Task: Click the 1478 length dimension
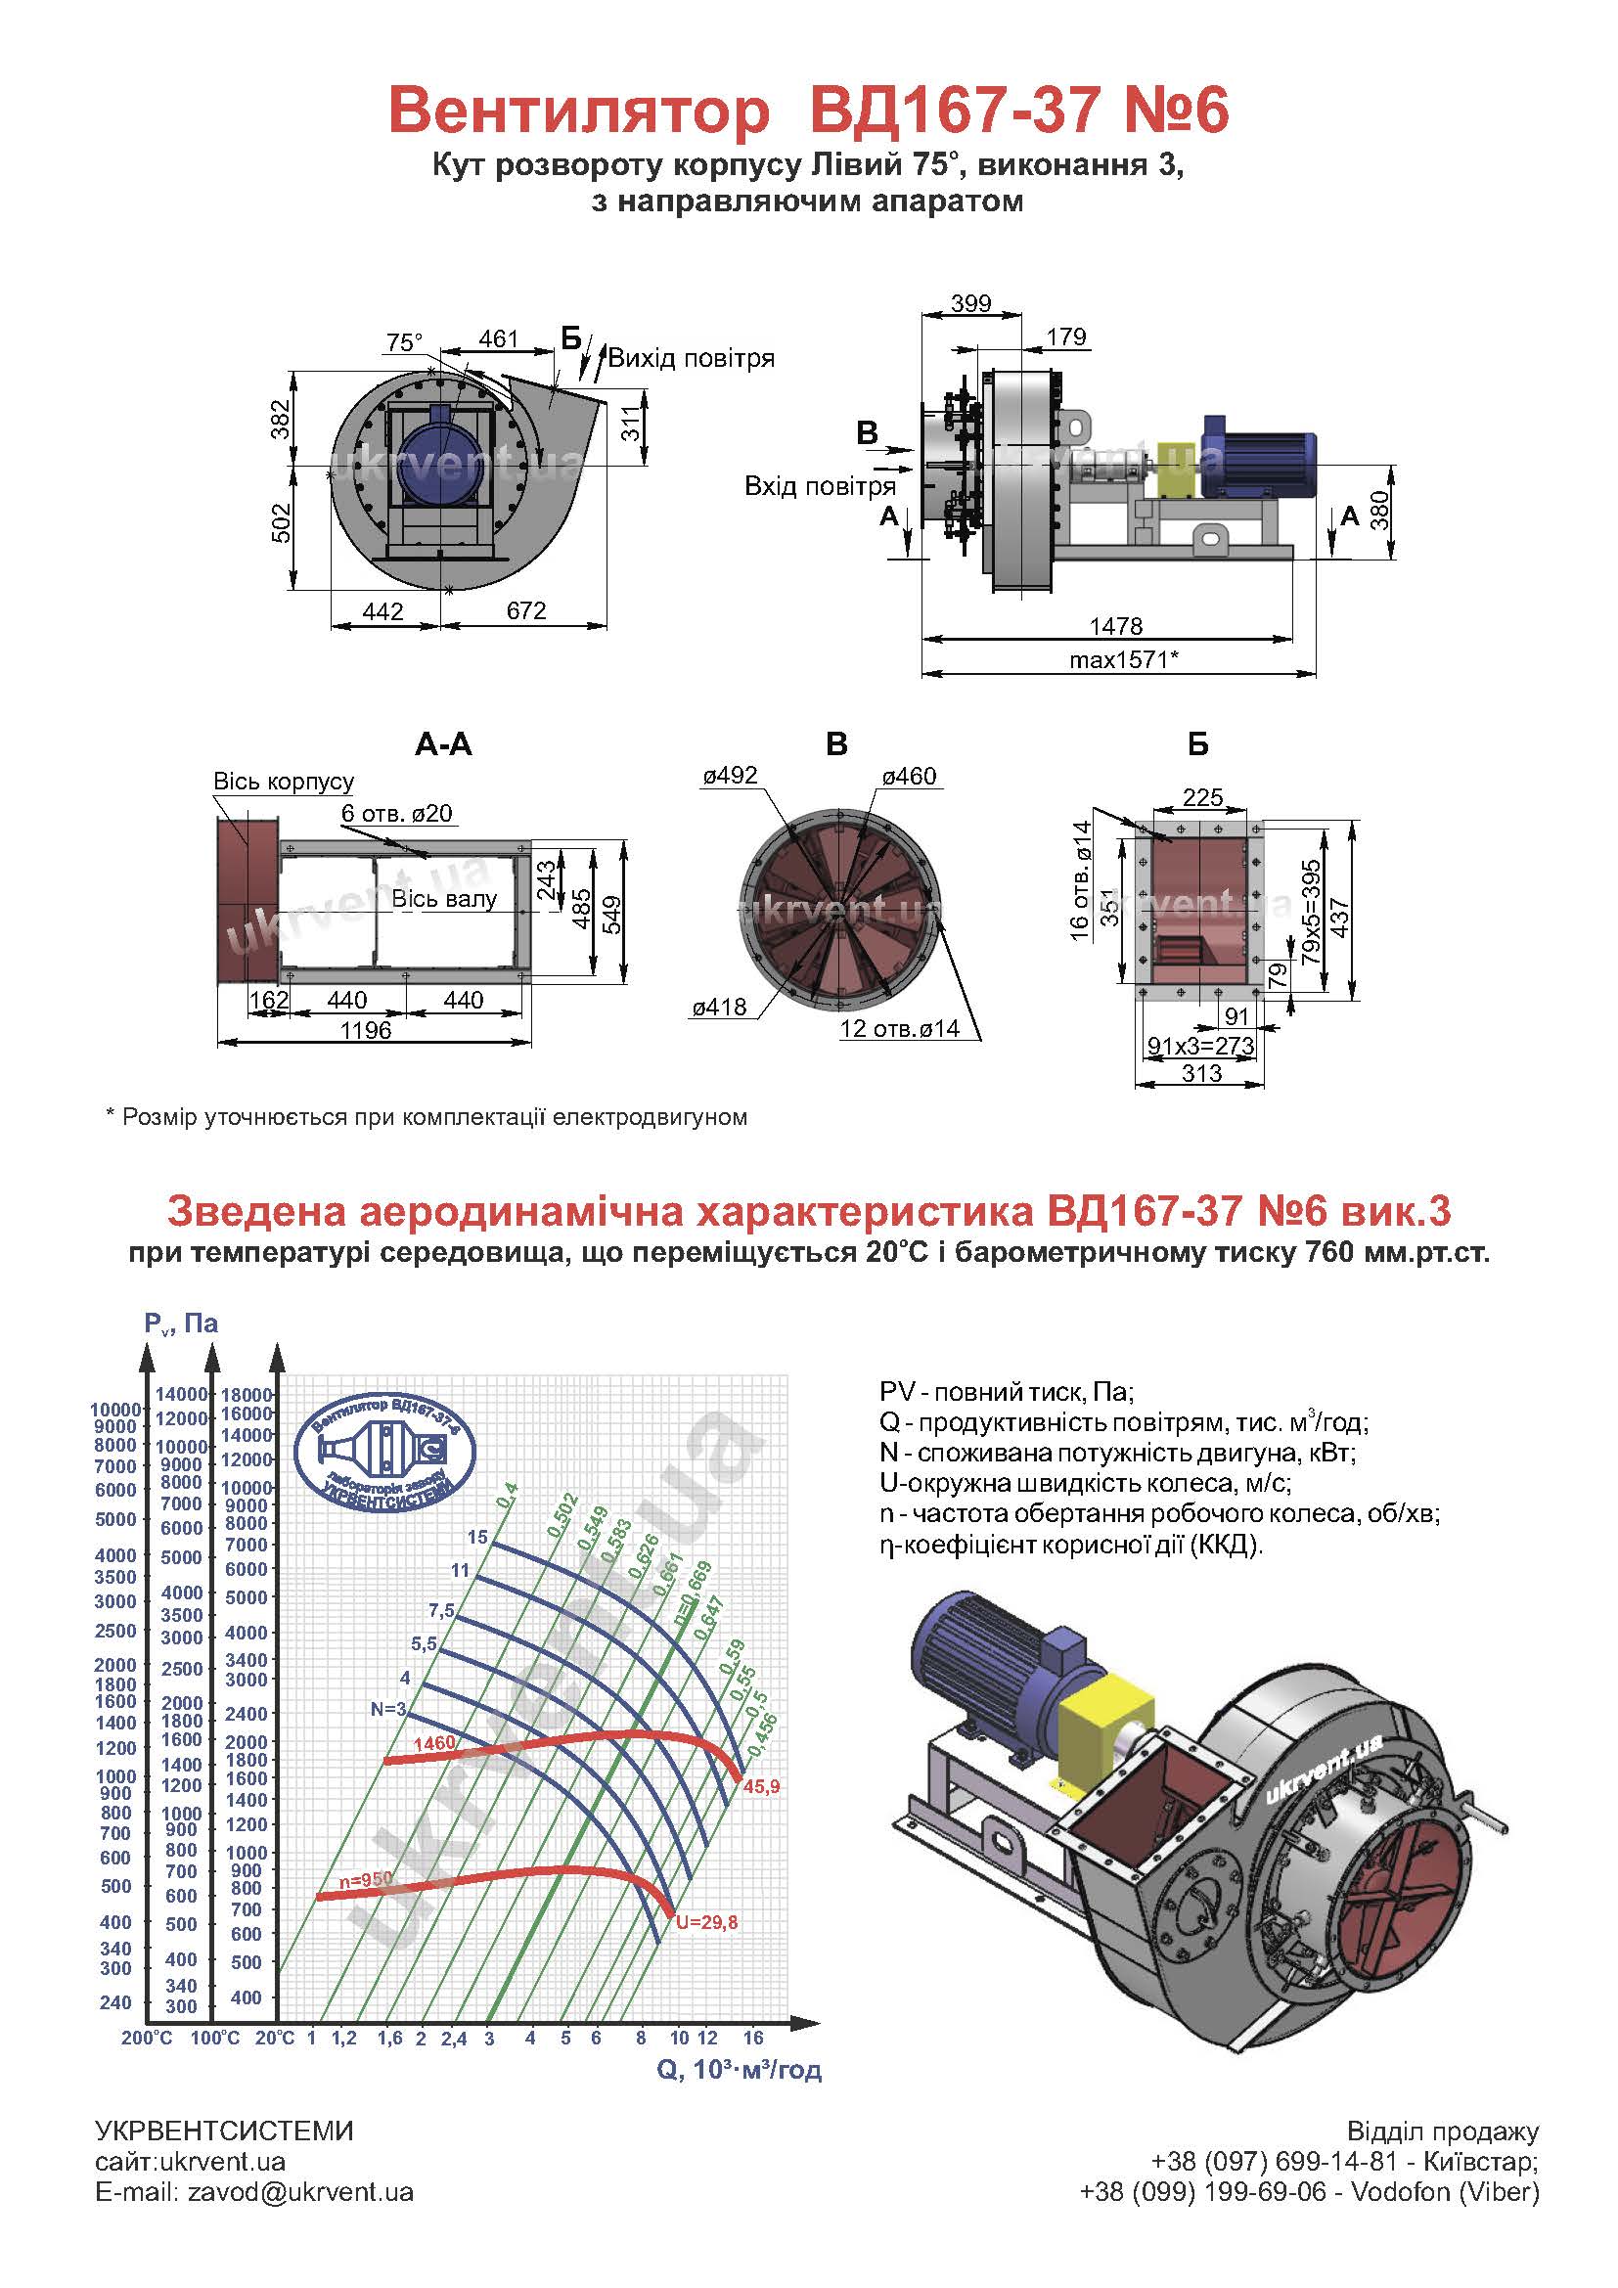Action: click(1116, 626)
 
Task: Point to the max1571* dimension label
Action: click(1124, 658)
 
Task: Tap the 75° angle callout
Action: click(405, 342)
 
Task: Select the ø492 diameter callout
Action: click(730, 776)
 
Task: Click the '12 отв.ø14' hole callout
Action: click(900, 1028)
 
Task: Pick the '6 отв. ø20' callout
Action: click(396, 813)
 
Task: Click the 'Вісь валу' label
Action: click(444, 899)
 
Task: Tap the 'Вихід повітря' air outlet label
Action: click(692, 358)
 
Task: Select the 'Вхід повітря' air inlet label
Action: click(820, 486)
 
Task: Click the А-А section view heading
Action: click(443, 744)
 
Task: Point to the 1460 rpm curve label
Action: click(434, 1743)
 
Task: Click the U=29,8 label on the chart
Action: click(706, 1922)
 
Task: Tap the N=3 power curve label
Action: click(388, 1709)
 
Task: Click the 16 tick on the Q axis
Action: click(752, 2038)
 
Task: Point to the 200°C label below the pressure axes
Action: click(148, 2038)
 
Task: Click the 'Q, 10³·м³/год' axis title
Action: click(740, 2070)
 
